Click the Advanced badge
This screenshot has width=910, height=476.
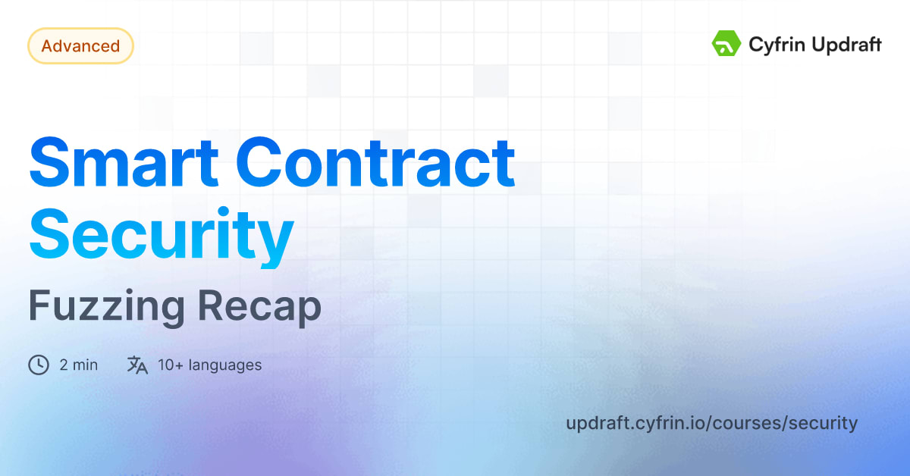(80, 46)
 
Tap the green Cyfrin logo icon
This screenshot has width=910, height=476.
(726, 44)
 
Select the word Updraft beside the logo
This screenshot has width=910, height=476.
(844, 45)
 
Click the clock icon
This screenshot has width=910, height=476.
(39, 365)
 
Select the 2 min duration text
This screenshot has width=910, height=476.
(78, 365)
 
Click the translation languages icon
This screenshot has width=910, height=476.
(137, 365)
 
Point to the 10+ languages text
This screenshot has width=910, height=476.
(209, 365)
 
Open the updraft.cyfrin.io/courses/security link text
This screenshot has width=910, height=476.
(711, 423)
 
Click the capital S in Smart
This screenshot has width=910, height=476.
(50, 161)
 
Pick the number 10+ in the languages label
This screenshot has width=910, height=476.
(170, 365)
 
